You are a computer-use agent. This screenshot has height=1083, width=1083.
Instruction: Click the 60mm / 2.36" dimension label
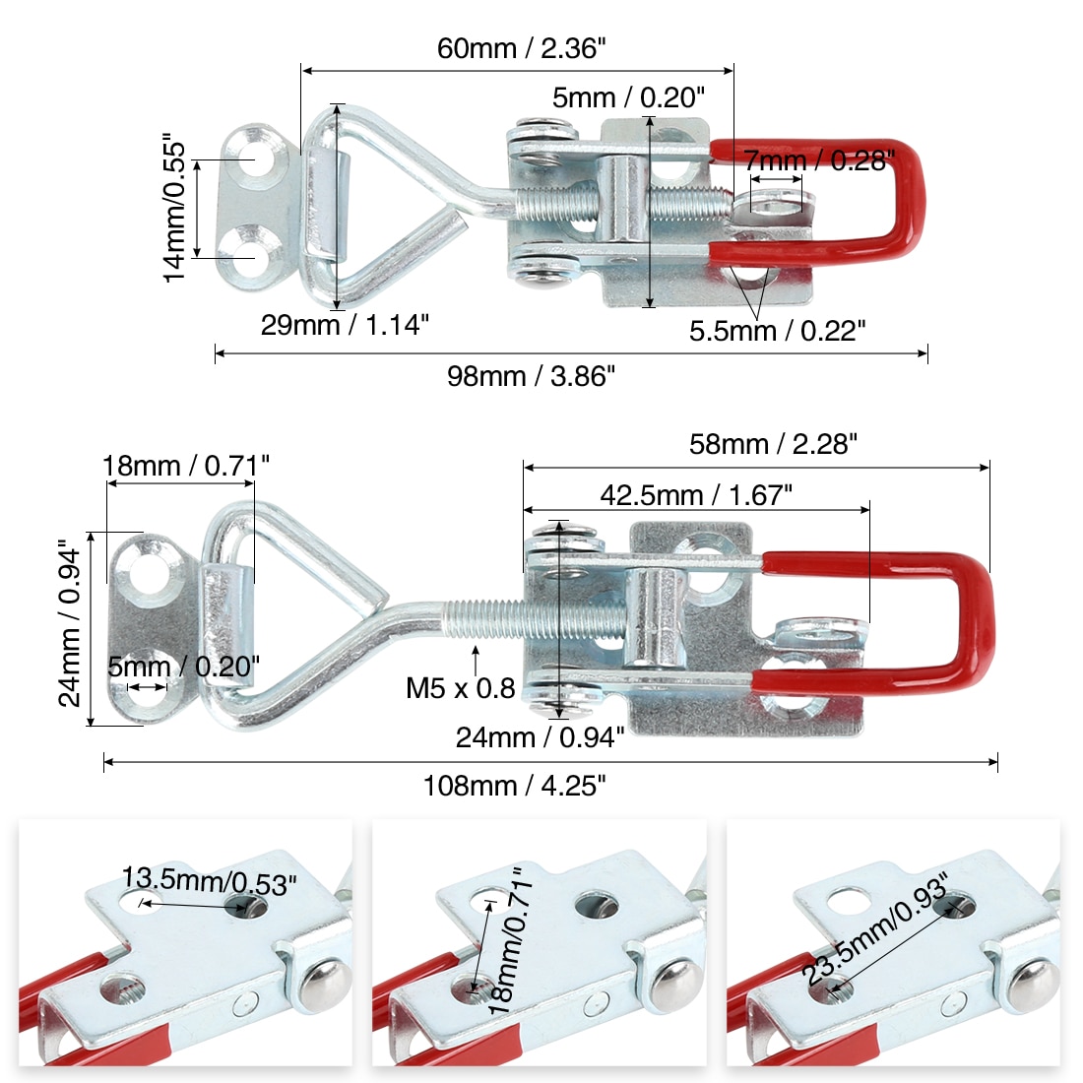click(x=522, y=48)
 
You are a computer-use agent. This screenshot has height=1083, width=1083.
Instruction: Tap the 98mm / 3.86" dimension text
click(x=532, y=376)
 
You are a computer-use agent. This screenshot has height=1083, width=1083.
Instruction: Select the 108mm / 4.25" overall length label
click(x=514, y=786)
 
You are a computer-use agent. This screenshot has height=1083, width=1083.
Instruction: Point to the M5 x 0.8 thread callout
click(x=461, y=688)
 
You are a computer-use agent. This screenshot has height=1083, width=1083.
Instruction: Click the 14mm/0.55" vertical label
click(x=174, y=208)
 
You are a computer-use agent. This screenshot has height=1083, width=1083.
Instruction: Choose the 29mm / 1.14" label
click(x=345, y=325)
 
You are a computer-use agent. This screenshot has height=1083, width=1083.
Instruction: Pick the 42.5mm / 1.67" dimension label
click(x=696, y=495)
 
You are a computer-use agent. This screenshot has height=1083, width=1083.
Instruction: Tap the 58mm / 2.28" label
click(x=773, y=444)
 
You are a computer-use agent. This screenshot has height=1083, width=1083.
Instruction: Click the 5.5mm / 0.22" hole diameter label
click(x=777, y=331)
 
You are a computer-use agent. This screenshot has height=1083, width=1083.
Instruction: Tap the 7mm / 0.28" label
click(x=819, y=160)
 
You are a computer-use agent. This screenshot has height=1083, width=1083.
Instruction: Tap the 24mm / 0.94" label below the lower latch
click(x=541, y=737)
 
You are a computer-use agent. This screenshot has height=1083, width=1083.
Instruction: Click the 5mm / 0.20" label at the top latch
click(x=628, y=98)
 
